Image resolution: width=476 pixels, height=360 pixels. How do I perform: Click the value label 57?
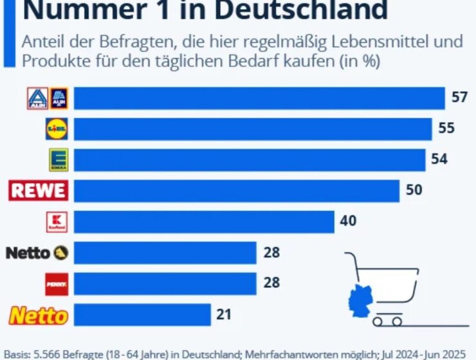[459, 98]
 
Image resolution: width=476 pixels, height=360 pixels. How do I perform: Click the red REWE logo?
[38, 190]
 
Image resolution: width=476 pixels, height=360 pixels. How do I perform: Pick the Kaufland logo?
[57, 221]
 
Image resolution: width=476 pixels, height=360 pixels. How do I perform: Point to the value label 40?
[348, 221]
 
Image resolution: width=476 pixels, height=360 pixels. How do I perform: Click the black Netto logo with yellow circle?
[37, 253]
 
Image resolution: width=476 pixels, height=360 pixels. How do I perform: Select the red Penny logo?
[57, 283]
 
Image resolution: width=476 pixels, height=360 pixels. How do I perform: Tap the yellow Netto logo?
[37, 315]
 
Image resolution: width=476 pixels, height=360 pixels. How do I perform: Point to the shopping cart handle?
[347, 255]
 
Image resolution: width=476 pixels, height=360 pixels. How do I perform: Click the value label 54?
[439, 159]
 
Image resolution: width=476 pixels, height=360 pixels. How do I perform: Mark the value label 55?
[446, 129]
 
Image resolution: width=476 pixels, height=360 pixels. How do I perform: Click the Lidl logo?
[57, 129]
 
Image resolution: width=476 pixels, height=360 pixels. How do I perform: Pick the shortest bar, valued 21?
[142, 315]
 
